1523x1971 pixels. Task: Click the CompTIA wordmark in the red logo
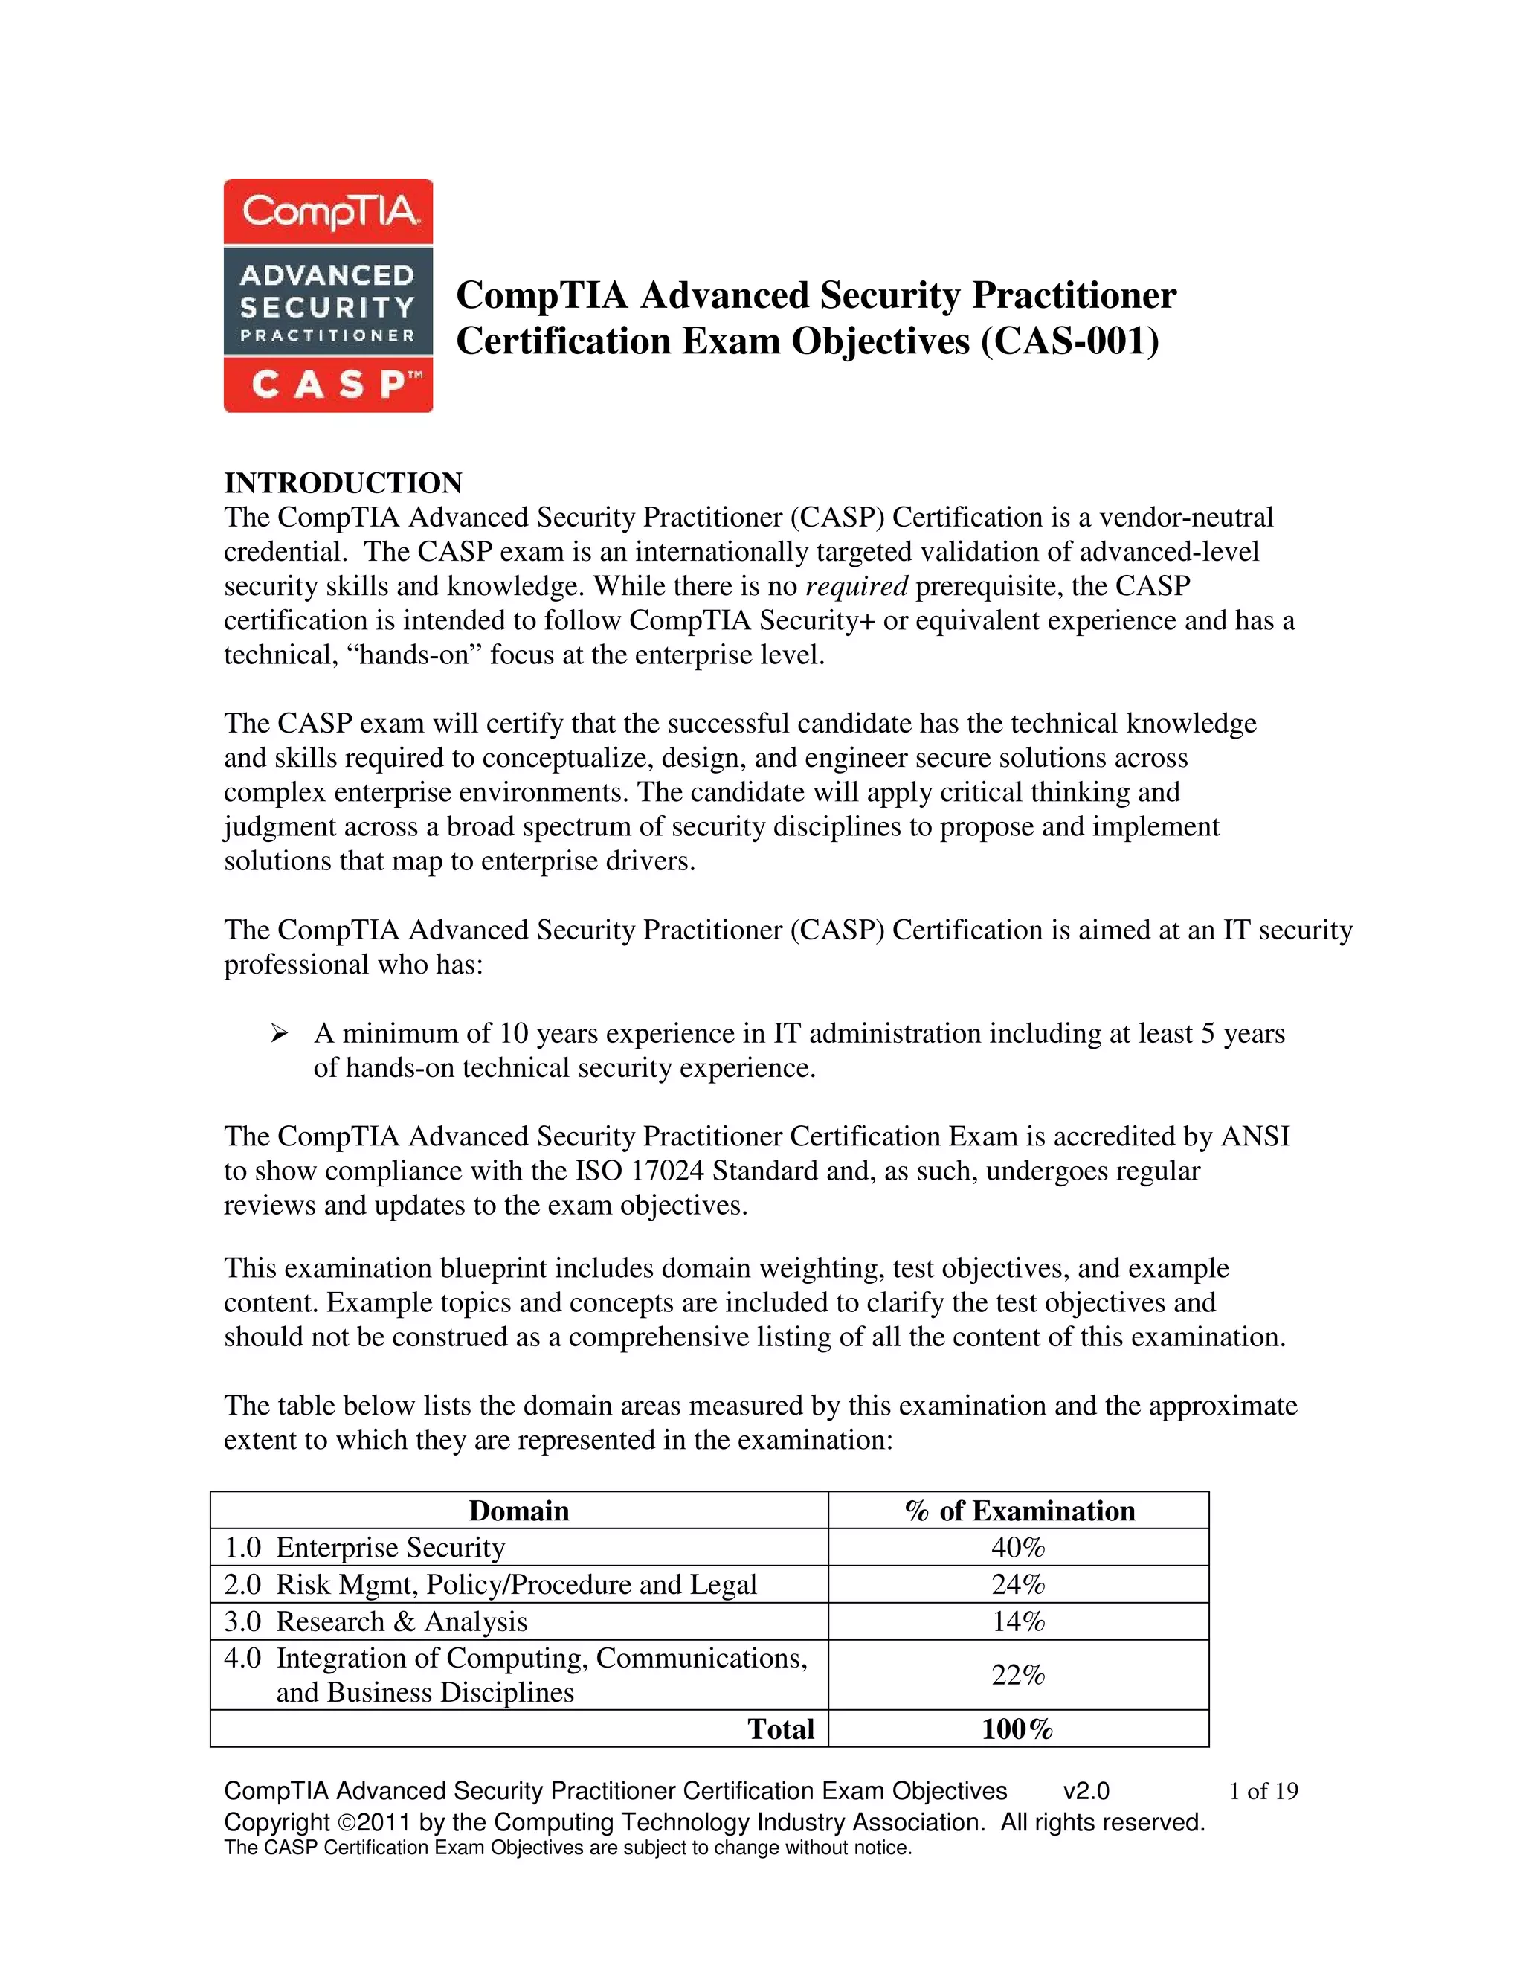pyautogui.click(x=329, y=212)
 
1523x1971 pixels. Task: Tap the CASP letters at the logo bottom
pyautogui.click(x=329, y=385)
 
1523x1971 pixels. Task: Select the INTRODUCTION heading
pyautogui.click(x=343, y=483)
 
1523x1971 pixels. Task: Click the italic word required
pyautogui.click(x=856, y=587)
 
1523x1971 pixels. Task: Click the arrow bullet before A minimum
pyautogui.click(x=279, y=1032)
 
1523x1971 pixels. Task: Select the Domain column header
pyautogui.click(x=519, y=1511)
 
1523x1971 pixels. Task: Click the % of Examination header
pyautogui.click(x=1020, y=1511)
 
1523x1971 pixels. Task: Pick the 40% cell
pyautogui.click(x=1019, y=1548)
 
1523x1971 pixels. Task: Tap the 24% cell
pyautogui.click(x=1019, y=1585)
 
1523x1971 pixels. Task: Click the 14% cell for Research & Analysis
pyautogui.click(x=1019, y=1621)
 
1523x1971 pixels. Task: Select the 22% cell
pyautogui.click(x=1019, y=1675)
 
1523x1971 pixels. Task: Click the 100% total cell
pyautogui.click(x=1018, y=1729)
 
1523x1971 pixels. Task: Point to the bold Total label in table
pyautogui.click(x=780, y=1729)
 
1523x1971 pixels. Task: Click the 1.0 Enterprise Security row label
pyautogui.click(x=364, y=1548)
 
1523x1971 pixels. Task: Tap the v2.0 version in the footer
pyautogui.click(x=1086, y=1792)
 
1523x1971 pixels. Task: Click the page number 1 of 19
pyautogui.click(x=1263, y=1792)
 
